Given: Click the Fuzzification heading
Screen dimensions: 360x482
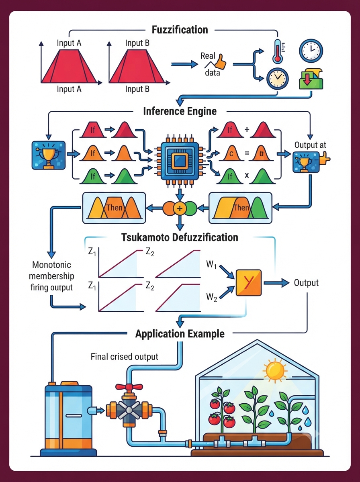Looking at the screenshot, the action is click(x=180, y=30).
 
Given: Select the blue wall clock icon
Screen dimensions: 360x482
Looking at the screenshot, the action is click(x=311, y=51).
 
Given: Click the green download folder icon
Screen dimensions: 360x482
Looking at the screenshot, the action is click(x=311, y=79).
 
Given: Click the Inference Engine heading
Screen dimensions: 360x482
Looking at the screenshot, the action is click(x=180, y=111).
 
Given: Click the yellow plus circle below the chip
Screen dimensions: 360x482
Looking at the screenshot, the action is click(x=180, y=208).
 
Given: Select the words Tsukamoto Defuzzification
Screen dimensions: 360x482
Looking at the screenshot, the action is click(x=180, y=237).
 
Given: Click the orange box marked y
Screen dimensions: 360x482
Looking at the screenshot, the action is click(x=249, y=283).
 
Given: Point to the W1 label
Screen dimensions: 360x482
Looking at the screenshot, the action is click(x=211, y=264).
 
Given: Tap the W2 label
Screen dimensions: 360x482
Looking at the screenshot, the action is click(x=211, y=297).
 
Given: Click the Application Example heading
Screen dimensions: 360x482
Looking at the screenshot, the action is click(x=180, y=334).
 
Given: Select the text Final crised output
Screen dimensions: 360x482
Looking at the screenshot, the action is click(x=124, y=357).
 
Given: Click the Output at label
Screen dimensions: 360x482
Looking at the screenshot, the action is click(x=310, y=145).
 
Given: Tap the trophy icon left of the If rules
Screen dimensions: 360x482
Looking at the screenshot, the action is click(x=49, y=155).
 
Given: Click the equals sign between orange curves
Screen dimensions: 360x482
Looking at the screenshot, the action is click(x=247, y=153).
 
